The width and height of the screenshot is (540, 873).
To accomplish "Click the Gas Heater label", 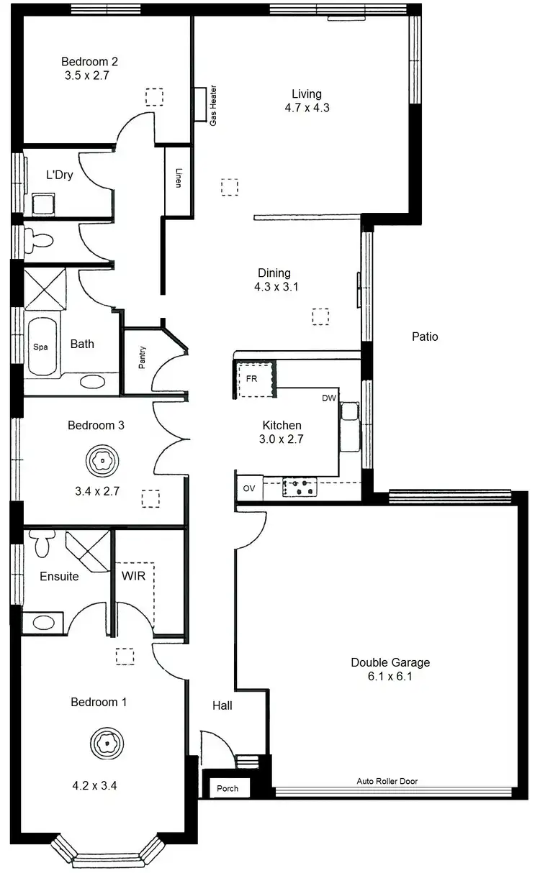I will (x=213, y=107).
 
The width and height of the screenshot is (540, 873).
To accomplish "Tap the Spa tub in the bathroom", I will (x=42, y=347).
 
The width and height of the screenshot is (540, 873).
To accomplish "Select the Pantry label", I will (x=143, y=358).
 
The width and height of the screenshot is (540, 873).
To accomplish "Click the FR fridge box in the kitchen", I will (x=253, y=378).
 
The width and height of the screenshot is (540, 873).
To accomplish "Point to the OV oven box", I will (x=249, y=488).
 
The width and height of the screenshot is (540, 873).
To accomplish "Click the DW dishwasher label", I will (x=329, y=398).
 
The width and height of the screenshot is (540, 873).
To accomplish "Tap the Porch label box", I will (x=228, y=788).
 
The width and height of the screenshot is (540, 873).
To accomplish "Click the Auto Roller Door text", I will (x=387, y=781).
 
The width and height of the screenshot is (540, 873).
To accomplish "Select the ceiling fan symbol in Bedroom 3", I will (x=104, y=461).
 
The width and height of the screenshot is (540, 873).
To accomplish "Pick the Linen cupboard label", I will (x=178, y=178).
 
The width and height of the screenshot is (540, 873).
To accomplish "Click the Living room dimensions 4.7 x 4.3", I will (x=307, y=108).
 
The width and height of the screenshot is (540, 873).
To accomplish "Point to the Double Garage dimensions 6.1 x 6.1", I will (x=390, y=676).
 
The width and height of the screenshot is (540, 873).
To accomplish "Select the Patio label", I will (x=425, y=337).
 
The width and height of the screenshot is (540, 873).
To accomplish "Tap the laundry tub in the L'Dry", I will (x=45, y=203).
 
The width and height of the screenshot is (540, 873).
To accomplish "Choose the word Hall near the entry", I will (x=222, y=706).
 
